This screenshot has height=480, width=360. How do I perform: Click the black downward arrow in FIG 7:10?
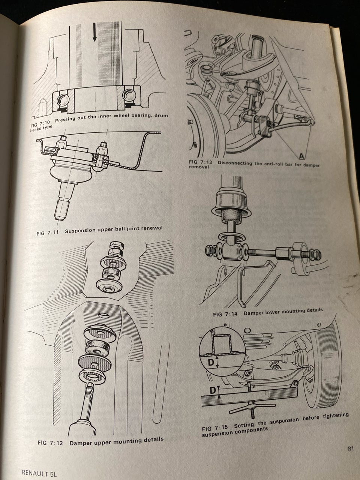click(94, 32)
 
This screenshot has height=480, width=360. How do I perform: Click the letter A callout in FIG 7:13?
click(301, 156)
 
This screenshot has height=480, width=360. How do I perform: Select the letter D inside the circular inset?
click(211, 363)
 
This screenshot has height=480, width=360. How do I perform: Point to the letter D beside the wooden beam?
click(213, 390)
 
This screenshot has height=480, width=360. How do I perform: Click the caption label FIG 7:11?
click(48, 233)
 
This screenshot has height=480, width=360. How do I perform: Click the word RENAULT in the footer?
click(34, 472)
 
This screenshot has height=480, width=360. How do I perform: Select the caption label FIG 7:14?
click(225, 314)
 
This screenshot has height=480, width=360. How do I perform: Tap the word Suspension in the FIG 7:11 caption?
click(80, 231)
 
